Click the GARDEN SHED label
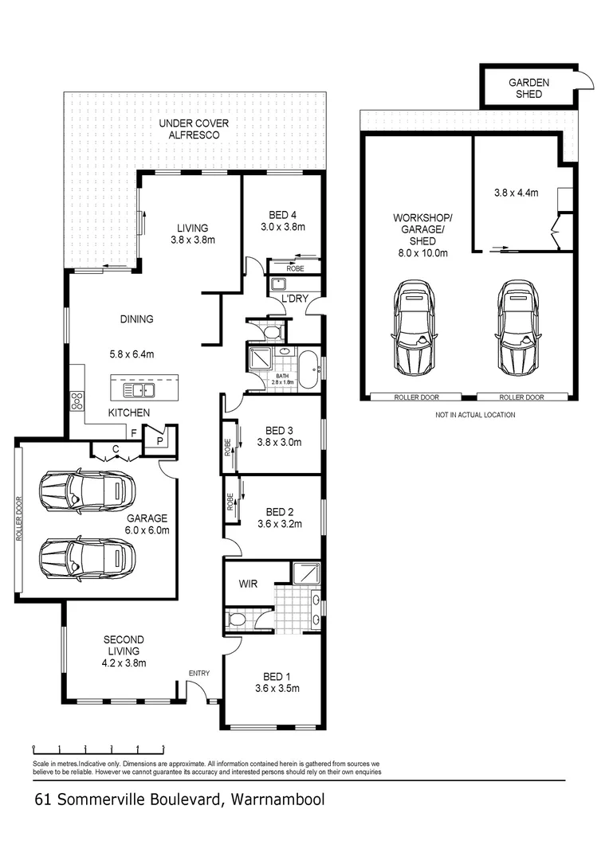click(x=528, y=88)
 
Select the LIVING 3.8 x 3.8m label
click(x=193, y=233)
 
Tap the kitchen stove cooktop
click(x=78, y=401)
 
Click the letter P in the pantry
click(x=159, y=440)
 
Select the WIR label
click(x=248, y=584)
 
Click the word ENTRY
click(x=198, y=674)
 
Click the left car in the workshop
click(x=415, y=327)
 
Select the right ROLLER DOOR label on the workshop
click(x=521, y=397)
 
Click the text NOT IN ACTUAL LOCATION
click(x=474, y=415)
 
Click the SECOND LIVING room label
click(x=124, y=645)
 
